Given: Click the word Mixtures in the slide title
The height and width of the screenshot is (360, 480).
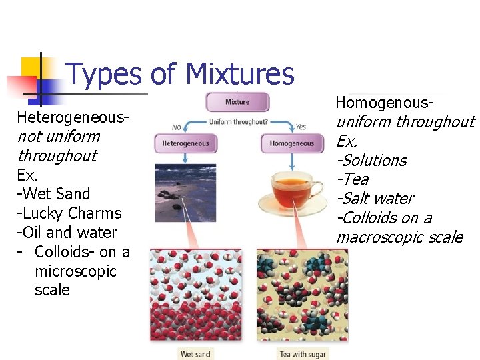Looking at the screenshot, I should click(x=239, y=74).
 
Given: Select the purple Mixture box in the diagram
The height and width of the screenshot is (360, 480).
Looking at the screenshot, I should click(x=237, y=102).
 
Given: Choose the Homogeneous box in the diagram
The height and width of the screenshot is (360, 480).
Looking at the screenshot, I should click(x=291, y=143).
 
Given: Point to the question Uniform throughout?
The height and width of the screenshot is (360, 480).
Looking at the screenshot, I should click(x=238, y=122).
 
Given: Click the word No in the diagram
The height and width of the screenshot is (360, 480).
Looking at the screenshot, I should click(x=177, y=127).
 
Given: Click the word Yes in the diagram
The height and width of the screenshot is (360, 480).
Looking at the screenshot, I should click(x=300, y=127).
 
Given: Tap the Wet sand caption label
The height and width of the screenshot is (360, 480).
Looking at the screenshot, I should click(x=195, y=354).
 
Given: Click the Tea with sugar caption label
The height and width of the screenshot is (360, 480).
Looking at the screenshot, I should click(x=303, y=354).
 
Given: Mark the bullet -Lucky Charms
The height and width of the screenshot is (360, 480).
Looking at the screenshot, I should click(x=69, y=213).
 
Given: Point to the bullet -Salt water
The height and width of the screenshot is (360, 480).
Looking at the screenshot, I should click(x=375, y=198).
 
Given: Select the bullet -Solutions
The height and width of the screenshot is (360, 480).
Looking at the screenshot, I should click(x=371, y=160).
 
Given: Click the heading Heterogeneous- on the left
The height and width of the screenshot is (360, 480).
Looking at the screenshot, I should click(x=73, y=117).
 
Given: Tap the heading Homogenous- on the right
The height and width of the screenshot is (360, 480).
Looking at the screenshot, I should click(x=385, y=103).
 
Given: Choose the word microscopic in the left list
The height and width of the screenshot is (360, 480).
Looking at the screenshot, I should click(x=75, y=271).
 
